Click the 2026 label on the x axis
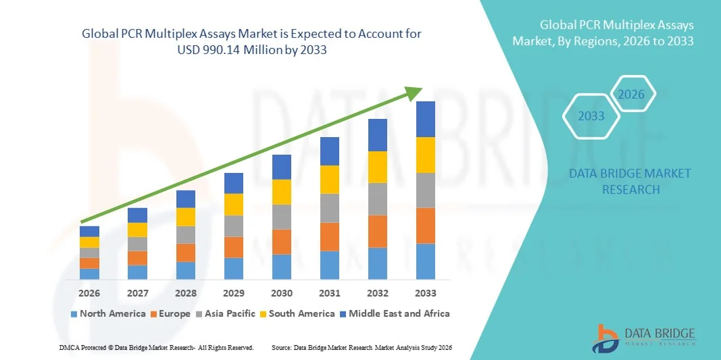89,294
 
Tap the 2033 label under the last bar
426,294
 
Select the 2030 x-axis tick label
282,294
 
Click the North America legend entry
107,313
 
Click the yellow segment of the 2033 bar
426,155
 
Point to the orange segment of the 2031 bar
330,237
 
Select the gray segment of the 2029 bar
234,226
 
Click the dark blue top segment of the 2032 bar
378,135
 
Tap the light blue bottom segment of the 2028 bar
186,271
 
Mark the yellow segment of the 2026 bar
89,242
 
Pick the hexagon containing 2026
632,95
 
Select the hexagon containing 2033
591,116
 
